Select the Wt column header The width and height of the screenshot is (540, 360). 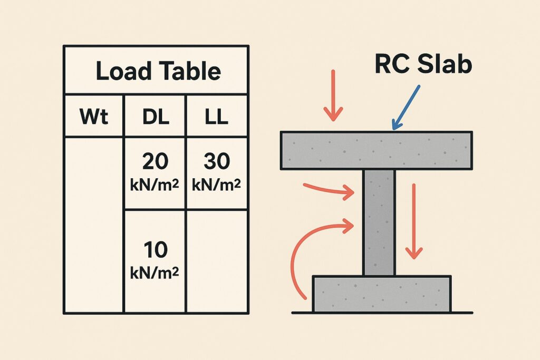pos(93,117)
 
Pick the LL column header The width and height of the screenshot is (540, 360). pos(216,117)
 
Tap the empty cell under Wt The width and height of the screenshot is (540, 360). pos(93,224)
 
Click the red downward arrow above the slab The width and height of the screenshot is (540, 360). pos(333,95)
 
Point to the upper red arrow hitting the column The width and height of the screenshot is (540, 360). pos(330,191)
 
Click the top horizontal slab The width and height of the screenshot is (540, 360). pos(376,150)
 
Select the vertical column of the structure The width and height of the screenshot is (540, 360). pos(379,221)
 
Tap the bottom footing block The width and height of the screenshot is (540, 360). pos(382,293)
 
